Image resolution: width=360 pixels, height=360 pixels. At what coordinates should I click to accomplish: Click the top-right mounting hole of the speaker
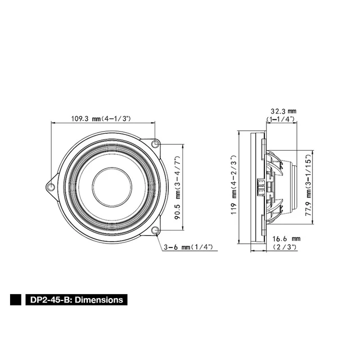coord(156,143)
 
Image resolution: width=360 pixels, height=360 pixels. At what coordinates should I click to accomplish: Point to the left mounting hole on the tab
coord(52,187)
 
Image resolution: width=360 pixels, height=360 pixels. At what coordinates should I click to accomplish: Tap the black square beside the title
coord(16,300)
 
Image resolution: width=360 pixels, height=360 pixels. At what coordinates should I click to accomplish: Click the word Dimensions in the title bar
coord(99,300)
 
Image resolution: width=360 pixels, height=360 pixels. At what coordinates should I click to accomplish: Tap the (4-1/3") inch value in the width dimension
coord(115,119)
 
